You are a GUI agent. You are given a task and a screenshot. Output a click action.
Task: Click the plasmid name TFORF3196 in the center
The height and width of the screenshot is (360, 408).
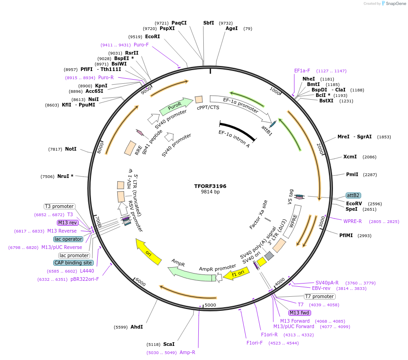click(x=210, y=186)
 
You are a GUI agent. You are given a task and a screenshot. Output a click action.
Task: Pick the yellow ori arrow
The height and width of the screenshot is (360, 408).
click(x=149, y=251)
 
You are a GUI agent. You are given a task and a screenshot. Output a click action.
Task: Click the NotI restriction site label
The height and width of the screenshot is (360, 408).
click(x=71, y=149)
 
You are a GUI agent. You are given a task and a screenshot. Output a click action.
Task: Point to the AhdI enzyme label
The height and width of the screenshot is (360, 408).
click(x=136, y=327)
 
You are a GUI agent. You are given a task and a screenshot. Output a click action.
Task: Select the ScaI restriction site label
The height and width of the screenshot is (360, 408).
click(x=169, y=344)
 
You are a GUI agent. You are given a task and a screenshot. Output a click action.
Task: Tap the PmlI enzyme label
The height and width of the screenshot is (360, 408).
click(x=352, y=174)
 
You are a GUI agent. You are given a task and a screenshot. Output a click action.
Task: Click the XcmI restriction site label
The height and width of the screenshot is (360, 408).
click(x=350, y=157)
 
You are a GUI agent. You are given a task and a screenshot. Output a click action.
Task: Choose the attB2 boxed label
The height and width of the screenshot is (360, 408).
click(x=353, y=195)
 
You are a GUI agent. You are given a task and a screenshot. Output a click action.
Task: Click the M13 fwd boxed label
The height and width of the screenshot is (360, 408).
click(x=299, y=313)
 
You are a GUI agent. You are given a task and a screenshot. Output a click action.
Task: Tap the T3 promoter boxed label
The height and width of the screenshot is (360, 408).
click(x=59, y=206)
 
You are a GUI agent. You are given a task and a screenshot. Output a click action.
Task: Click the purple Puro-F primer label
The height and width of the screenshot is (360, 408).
click(x=141, y=45)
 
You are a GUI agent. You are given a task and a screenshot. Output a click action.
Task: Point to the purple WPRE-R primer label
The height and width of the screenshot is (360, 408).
click(x=353, y=221)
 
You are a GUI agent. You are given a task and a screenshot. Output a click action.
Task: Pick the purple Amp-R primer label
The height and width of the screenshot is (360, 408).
click(x=187, y=352)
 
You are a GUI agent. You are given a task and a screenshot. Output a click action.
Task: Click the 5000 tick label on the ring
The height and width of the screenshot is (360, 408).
click(x=210, y=305)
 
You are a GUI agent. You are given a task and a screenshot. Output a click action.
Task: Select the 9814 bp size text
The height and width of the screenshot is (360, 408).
click(x=210, y=192)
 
